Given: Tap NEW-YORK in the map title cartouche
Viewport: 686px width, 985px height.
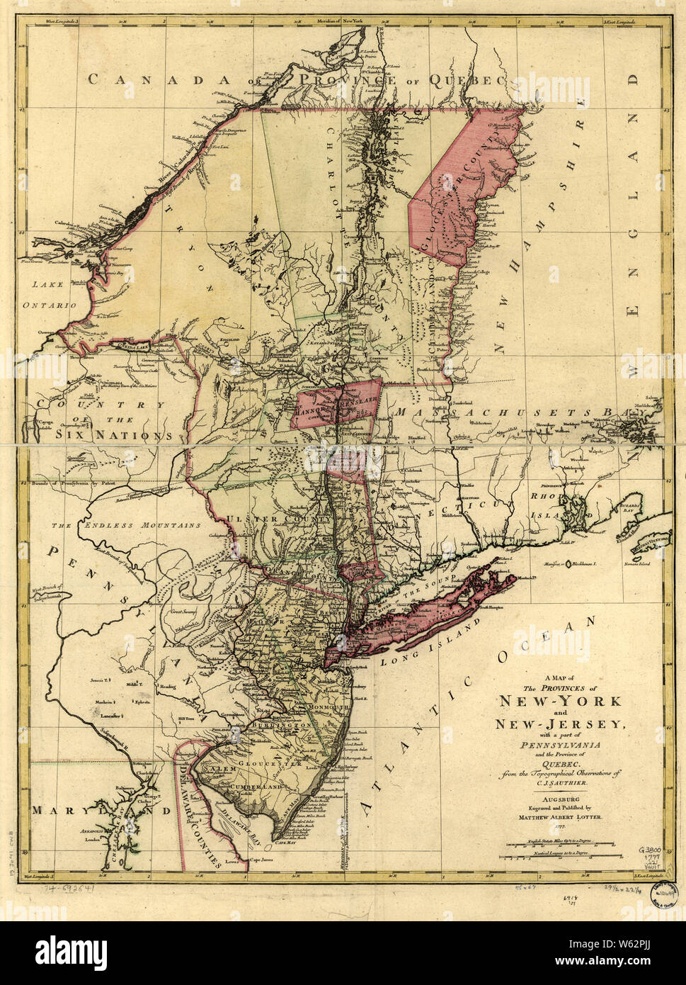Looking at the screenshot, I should click(x=560, y=701).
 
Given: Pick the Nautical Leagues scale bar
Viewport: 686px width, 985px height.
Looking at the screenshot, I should click(x=559, y=856).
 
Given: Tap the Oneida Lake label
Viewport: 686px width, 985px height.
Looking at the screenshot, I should click(x=132, y=347).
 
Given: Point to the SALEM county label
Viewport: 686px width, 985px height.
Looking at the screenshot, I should click(x=219, y=768).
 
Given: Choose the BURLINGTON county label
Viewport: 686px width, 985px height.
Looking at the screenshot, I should click(x=279, y=726).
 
